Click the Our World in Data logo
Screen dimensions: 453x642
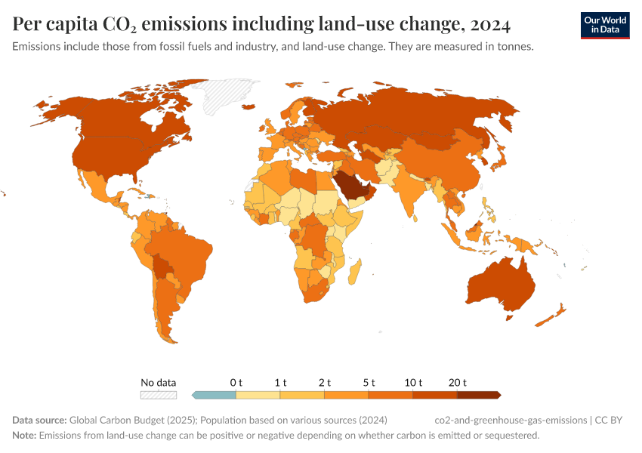604,25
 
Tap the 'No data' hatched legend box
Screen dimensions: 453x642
159,394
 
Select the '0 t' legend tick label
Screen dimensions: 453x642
236,382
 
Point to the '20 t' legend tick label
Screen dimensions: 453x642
458,382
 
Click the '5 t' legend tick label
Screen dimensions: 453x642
369,382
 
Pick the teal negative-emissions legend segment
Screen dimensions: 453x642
215,394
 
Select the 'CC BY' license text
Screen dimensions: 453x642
613,420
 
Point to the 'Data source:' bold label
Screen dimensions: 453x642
39,420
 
